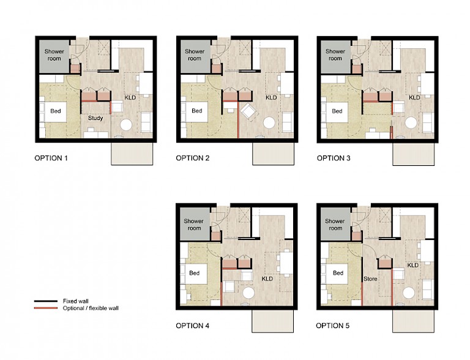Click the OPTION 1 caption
click(x=51, y=158)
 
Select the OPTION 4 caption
click(x=192, y=326)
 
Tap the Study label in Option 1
click(x=95, y=118)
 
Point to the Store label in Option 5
click(x=370, y=279)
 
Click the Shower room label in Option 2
click(x=195, y=55)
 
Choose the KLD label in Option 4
click(x=267, y=279)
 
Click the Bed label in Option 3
click(x=337, y=111)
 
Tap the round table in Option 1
click(x=126, y=124)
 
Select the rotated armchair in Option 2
click(x=250, y=111)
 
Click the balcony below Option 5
click(x=413, y=321)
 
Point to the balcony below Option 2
click(x=274, y=154)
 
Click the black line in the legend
click(x=45, y=301)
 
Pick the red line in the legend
click(x=45, y=308)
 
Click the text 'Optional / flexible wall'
click(x=91, y=308)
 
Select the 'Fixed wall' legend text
click(x=75, y=301)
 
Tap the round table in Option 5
click(x=410, y=293)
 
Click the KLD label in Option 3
click(x=414, y=97)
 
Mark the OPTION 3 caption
click(x=334, y=158)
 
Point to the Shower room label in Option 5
click(x=335, y=225)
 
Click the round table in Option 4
click(x=248, y=293)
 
